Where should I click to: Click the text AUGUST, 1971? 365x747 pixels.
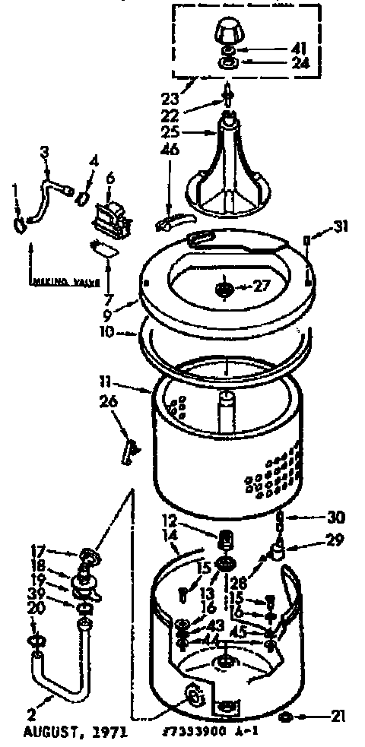(x=74, y=733)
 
